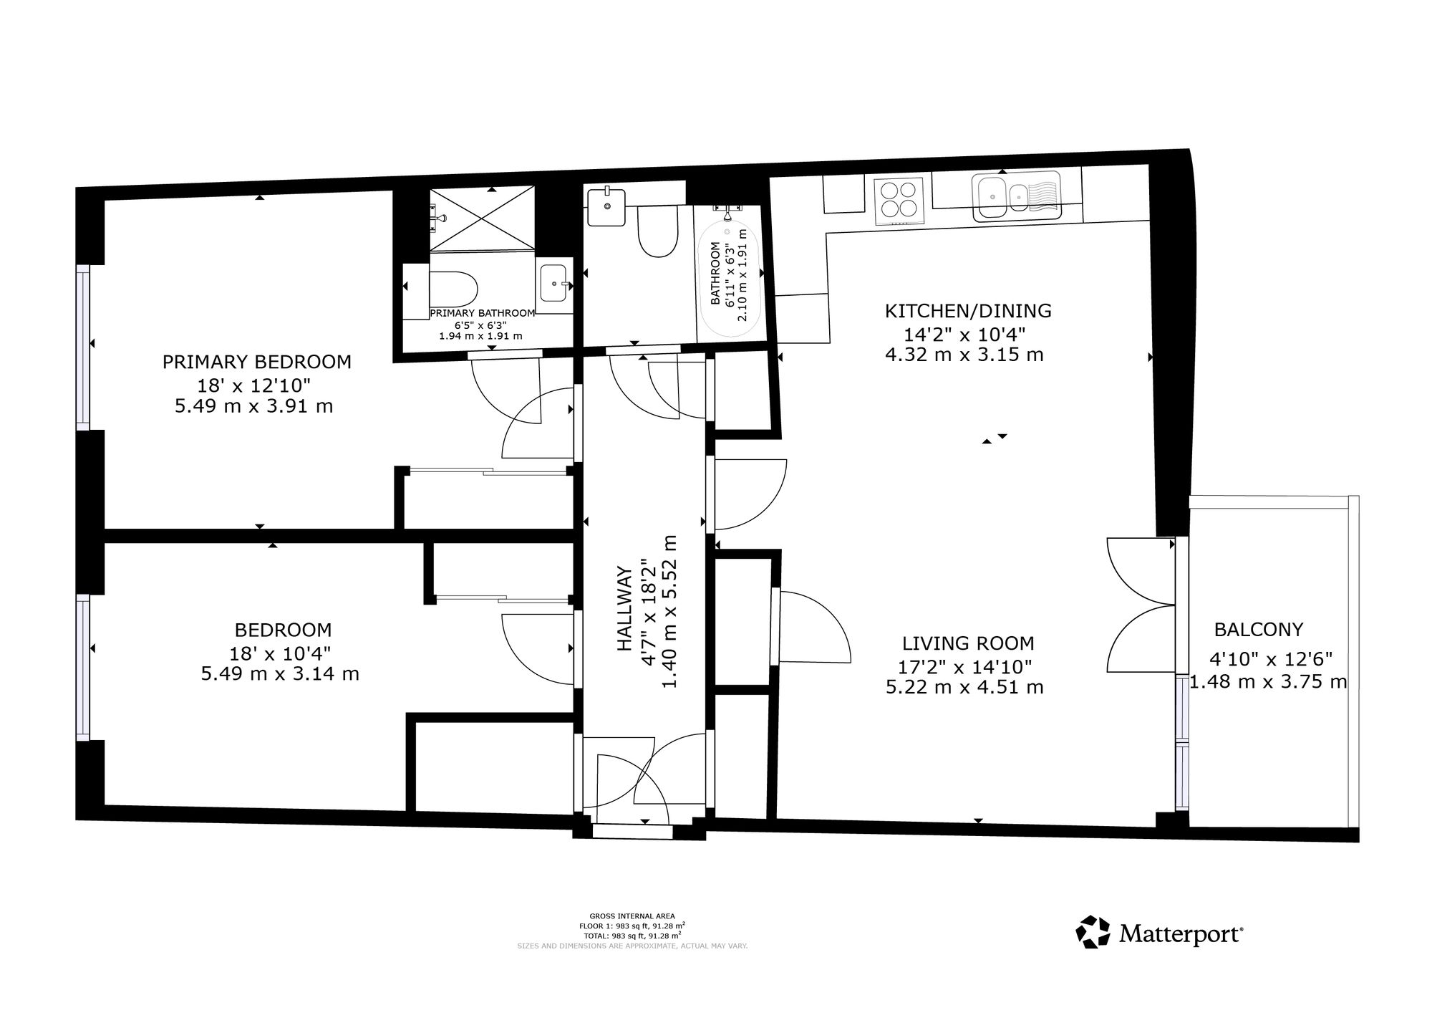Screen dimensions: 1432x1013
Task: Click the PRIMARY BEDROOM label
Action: (x=257, y=362)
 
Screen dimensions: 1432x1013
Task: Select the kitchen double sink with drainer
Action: (x=1016, y=195)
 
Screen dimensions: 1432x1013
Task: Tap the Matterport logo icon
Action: (x=1093, y=933)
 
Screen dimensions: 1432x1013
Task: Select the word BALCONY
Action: (x=1259, y=630)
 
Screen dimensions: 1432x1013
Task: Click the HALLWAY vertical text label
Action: (x=624, y=609)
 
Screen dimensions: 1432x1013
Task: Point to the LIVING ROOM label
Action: (x=968, y=643)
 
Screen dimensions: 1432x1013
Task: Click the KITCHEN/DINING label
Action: (x=968, y=311)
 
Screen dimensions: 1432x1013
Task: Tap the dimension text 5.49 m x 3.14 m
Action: (x=280, y=674)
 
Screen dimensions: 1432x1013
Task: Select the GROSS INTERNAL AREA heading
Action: (x=632, y=916)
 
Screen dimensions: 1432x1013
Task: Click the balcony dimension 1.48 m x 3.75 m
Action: (x=1269, y=681)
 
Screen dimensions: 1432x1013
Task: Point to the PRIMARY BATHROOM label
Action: (x=483, y=313)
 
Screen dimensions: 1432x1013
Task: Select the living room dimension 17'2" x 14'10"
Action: (x=965, y=666)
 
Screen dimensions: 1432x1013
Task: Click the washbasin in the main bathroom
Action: (x=606, y=207)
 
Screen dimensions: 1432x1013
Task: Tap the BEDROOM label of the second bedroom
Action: (x=284, y=630)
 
